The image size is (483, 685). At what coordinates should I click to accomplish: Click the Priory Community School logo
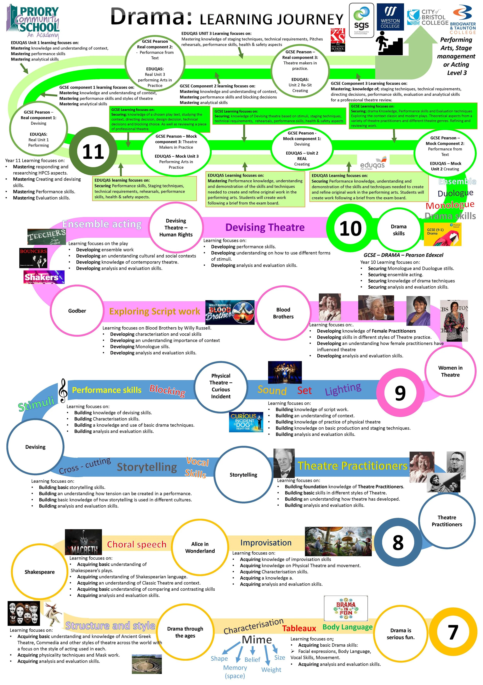click(x=33, y=21)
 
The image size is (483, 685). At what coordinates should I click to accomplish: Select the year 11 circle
click(x=93, y=152)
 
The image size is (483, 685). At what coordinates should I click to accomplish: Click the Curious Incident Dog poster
click(x=246, y=422)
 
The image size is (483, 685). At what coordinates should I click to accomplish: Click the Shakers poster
click(x=44, y=277)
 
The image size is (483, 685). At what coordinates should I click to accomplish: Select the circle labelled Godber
click(x=77, y=311)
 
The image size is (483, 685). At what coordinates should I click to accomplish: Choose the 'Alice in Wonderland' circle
click(x=200, y=547)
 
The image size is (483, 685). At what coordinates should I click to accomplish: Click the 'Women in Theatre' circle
click(x=450, y=371)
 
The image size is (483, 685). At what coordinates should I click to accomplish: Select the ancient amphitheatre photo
click(x=147, y=664)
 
